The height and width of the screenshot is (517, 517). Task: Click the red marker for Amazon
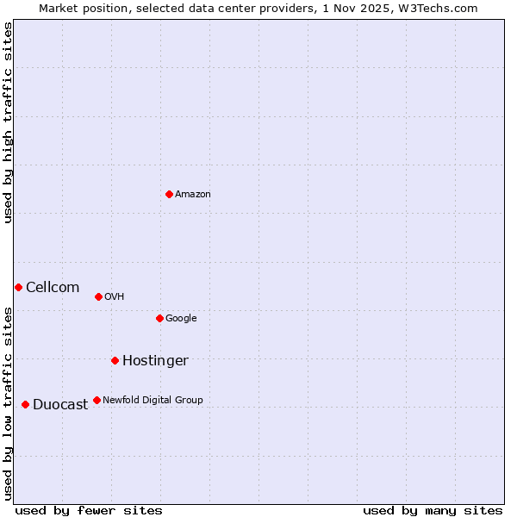169,194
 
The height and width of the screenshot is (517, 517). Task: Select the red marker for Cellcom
18,287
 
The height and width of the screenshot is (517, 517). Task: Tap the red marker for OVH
98,296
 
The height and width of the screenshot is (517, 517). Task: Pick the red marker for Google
159,318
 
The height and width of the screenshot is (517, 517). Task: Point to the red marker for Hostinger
115,360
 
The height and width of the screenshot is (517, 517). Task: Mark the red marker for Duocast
25,404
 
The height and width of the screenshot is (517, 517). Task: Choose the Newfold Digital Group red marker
97,400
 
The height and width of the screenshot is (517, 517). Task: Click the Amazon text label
193,195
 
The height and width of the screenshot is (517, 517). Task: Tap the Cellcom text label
53,288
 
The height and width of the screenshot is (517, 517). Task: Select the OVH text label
115,297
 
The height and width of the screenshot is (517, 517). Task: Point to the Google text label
181,319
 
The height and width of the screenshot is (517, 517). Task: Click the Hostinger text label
155,361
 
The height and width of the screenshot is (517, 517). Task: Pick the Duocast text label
60,405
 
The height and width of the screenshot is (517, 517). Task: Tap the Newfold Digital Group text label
153,401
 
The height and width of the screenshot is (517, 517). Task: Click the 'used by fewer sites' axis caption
89,511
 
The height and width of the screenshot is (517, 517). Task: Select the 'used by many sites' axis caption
433,511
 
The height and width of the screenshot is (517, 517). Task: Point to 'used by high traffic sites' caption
8,122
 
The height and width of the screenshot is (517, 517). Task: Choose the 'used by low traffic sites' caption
8,403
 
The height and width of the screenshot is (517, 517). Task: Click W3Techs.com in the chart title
441,8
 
